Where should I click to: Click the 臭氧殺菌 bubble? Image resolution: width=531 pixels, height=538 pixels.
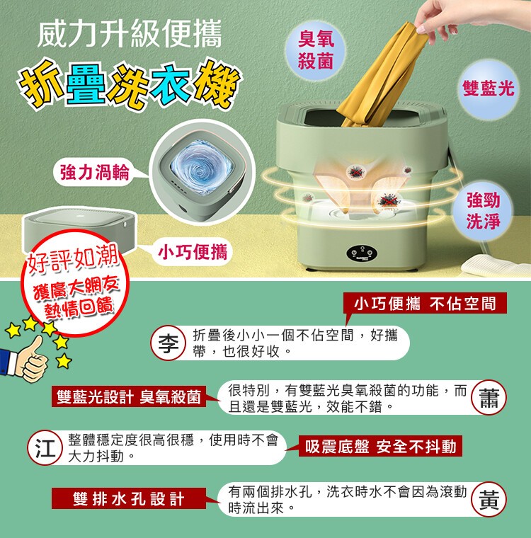(316, 50)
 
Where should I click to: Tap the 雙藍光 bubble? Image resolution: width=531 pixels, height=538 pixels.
(488, 88)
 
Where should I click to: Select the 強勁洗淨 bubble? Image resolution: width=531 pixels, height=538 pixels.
(483, 210)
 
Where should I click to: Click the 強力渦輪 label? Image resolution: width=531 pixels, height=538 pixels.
(94, 172)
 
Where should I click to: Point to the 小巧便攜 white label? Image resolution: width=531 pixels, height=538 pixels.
(192, 253)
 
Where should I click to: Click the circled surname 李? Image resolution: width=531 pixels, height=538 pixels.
(169, 343)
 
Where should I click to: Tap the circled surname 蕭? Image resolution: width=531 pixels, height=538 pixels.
(489, 397)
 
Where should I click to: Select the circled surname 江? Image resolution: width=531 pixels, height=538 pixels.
(45, 448)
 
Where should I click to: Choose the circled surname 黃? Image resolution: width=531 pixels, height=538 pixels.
(489, 499)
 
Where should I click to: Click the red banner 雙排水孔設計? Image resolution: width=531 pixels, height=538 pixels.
(129, 498)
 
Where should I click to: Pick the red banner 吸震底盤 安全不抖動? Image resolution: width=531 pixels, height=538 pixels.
(380, 446)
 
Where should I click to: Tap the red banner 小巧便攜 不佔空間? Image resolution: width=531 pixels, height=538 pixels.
(425, 303)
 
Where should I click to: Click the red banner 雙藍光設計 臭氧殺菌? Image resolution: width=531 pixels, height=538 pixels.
(129, 396)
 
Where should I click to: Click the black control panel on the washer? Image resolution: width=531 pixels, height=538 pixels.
(362, 253)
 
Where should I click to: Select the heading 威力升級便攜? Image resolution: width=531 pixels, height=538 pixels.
(130, 34)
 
